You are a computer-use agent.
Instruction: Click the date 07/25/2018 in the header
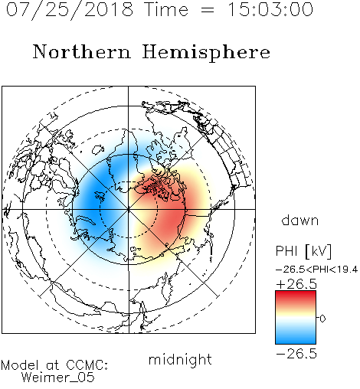pyautogui.click(x=70, y=10)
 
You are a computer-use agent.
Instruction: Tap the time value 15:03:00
pyautogui.click(x=270, y=9)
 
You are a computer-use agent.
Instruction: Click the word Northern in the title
pyautogui.click(x=82, y=51)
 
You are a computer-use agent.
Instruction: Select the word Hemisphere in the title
pyautogui.click(x=206, y=52)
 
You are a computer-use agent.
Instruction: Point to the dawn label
pyautogui.click(x=300, y=221)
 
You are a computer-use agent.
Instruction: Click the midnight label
pyautogui.click(x=180, y=360)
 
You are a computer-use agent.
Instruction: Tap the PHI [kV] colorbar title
pyautogui.click(x=303, y=251)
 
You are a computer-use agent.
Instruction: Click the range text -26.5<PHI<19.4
pyautogui.click(x=316, y=270)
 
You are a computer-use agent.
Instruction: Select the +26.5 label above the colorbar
pyautogui.click(x=296, y=284)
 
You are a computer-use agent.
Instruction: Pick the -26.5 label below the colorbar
pyautogui.click(x=296, y=354)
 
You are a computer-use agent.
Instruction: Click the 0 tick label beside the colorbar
pyautogui.click(x=322, y=319)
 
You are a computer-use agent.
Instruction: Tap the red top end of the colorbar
pyautogui.click(x=296, y=293)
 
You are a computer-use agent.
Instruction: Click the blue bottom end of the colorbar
pyautogui.click(x=296, y=341)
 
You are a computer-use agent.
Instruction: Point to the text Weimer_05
pyautogui.click(x=58, y=377)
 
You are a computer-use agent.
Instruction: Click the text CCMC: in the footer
pyautogui.click(x=87, y=365)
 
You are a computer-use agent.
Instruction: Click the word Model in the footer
pyautogui.click(x=20, y=365)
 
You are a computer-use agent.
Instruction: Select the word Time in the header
pyautogui.click(x=166, y=9)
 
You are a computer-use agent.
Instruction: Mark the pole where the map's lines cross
pyautogui.click(x=129, y=209)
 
